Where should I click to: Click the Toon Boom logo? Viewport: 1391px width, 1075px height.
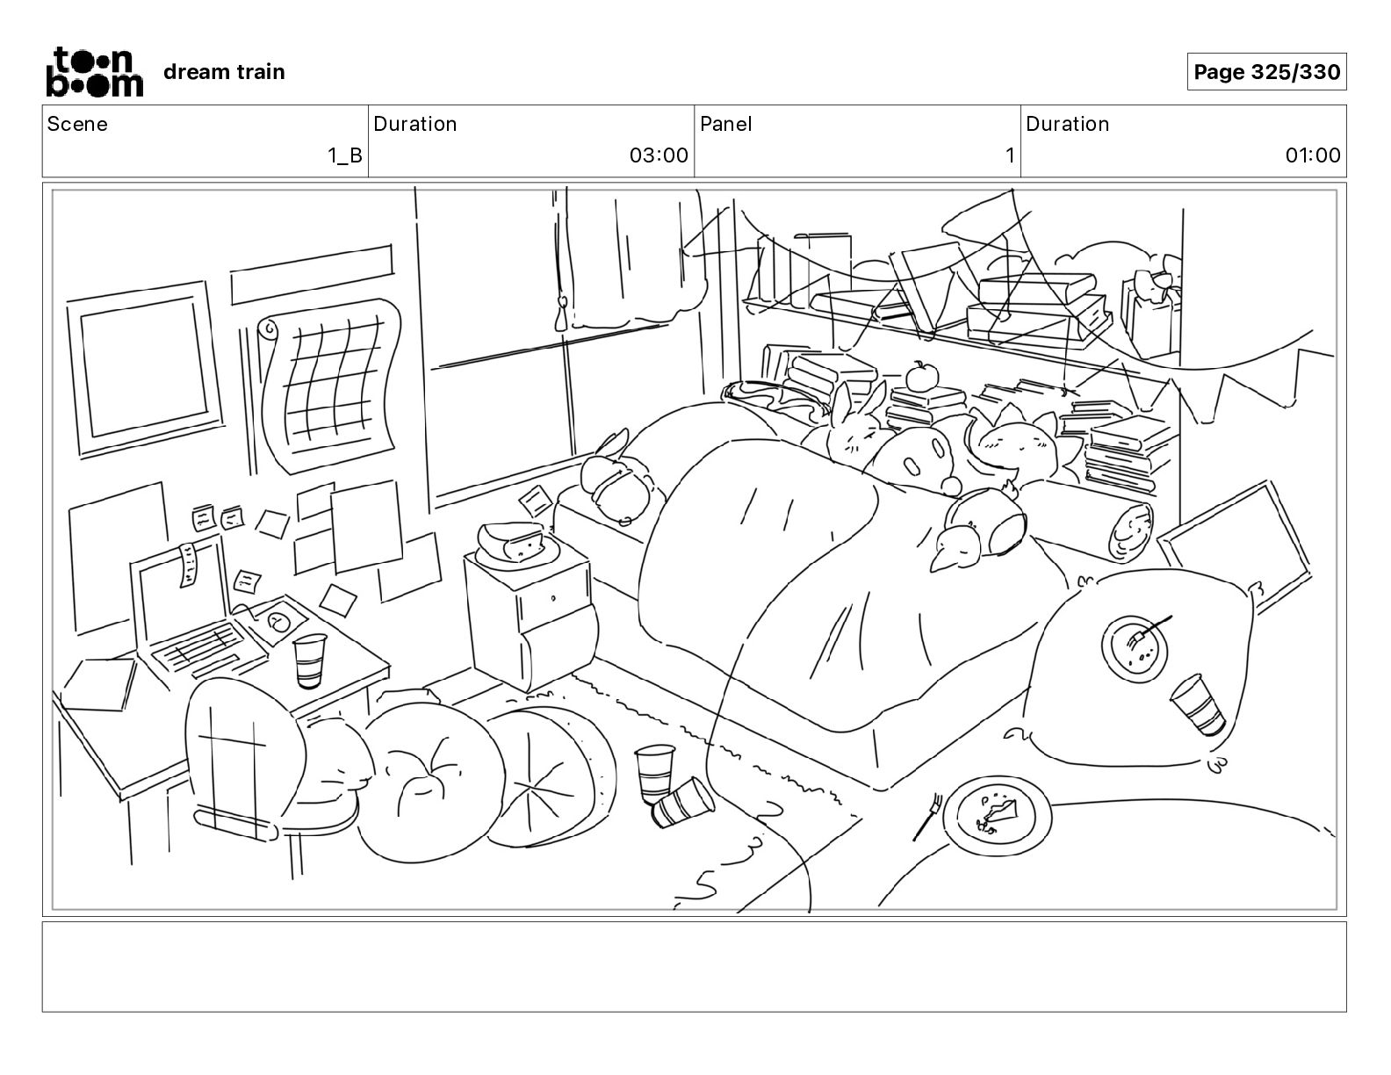[94, 71]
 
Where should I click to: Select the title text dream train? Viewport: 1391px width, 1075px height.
[224, 72]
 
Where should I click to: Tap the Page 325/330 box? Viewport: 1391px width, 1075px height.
[1266, 72]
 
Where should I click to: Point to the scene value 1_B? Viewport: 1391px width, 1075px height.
[344, 155]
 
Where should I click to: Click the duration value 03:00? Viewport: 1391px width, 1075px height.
[658, 155]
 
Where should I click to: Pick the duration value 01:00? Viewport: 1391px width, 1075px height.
[1312, 155]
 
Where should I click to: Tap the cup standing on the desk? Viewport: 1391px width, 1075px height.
[308, 660]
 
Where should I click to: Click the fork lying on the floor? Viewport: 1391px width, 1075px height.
[927, 816]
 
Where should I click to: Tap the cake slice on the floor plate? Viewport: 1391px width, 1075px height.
[998, 812]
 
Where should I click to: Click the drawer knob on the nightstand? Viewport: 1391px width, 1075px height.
[553, 598]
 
